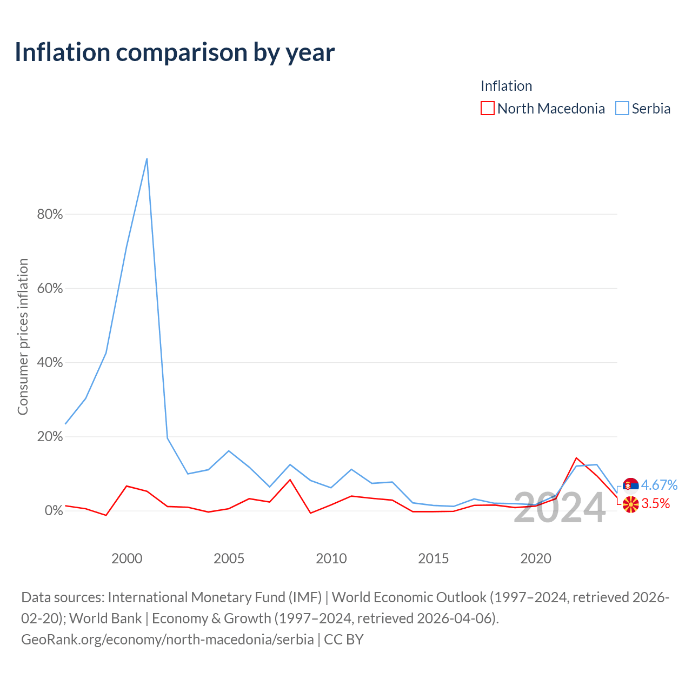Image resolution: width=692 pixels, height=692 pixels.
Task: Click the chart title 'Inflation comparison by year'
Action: [x=175, y=53]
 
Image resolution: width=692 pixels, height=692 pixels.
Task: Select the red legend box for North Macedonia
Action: [x=487, y=108]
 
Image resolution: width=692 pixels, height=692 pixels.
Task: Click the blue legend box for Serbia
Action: [x=622, y=108]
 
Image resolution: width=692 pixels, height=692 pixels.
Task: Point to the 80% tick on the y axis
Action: [x=50, y=214]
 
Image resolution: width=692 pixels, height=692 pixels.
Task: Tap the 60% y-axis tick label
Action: [x=50, y=288]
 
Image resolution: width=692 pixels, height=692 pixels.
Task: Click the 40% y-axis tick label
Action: [x=50, y=362]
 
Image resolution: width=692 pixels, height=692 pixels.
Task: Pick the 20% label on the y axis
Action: [x=50, y=437]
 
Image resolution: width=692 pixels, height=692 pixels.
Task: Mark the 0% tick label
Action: [x=54, y=511]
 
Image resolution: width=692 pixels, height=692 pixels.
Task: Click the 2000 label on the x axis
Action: [x=127, y=559]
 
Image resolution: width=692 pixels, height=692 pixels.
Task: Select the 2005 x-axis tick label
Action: [x=229, y=559]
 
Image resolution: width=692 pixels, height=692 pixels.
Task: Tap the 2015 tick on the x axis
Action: [x=434, y=559]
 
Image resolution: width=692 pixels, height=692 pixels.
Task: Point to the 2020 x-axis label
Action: [x=536, y=559]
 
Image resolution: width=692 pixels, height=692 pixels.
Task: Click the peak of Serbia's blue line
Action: [x=147, y=159]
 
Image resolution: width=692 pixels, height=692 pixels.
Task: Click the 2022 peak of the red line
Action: [x=576, y=458]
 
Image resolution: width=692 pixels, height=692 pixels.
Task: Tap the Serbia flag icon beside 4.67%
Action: [x=630, y=485]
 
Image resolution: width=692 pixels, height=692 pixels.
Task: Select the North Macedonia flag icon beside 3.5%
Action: [x=630, y=504]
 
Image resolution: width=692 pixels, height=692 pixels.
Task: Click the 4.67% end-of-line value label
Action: [x=660, y=485]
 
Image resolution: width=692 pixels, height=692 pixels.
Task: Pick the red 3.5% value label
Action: [x=656, y=504]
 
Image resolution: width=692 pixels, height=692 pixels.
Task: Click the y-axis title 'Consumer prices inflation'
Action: [x=23, y=337]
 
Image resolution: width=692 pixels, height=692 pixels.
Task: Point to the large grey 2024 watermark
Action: [x=560, y=508]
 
